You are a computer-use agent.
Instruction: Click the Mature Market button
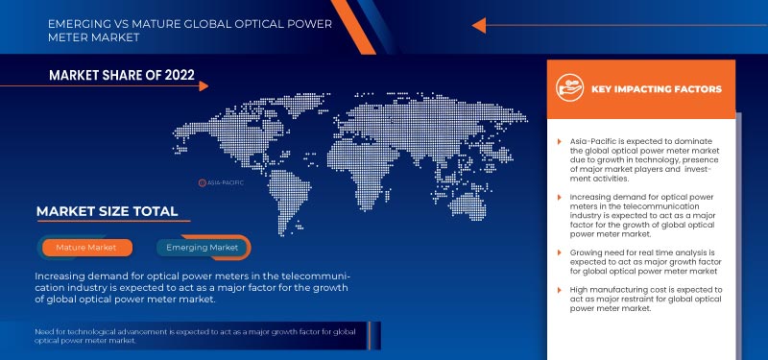[x=86, y=248]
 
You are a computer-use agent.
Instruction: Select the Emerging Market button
[x=203, y=248]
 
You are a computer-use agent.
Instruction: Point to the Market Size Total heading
[x=107, y=211]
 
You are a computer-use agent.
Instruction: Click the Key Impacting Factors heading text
[x=658, y=89]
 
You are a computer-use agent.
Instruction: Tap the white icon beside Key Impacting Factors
[x=571, y=88]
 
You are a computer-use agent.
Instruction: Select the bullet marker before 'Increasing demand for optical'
[x=559, y=196]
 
